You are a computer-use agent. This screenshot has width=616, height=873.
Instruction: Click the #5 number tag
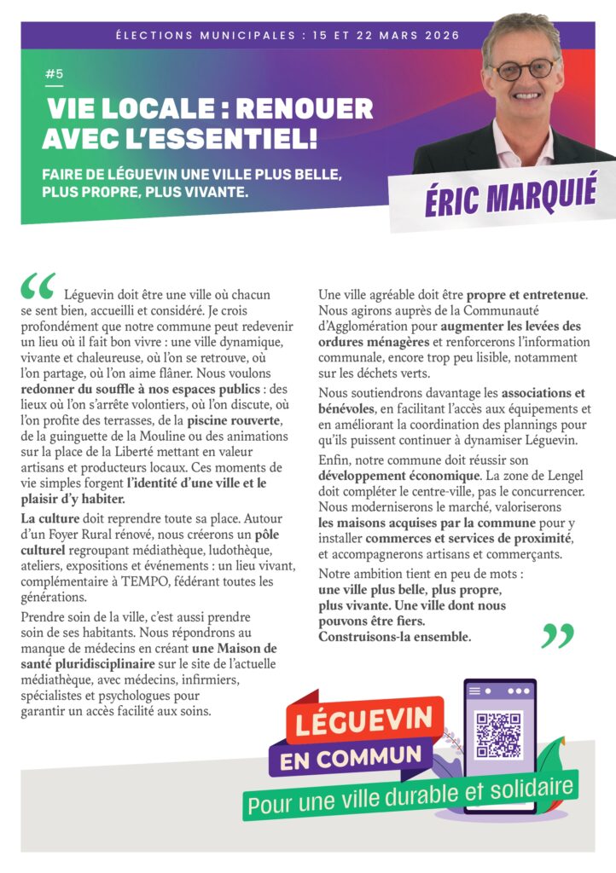click(x=54, y=74)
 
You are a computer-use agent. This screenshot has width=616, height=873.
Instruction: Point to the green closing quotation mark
click(x=557, y=635)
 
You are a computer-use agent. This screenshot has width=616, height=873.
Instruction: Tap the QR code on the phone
click(x=499, y=735)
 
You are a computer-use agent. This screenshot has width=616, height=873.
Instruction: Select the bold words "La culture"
click(x=49, y=518)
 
